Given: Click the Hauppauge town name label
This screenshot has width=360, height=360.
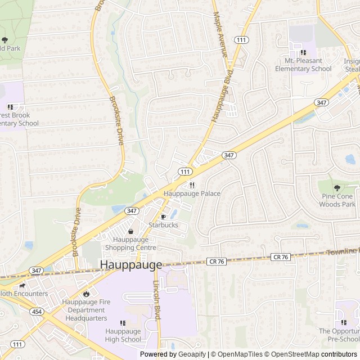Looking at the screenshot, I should (x=130, y=264).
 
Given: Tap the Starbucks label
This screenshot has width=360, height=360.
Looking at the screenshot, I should (x=163, y=225).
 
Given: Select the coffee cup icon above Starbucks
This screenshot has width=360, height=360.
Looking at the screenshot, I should (x=164, y=217).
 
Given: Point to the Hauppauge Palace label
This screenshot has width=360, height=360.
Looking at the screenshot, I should (x=192, y=193).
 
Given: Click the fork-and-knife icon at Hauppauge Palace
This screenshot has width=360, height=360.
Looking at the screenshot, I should (x=192, y=185).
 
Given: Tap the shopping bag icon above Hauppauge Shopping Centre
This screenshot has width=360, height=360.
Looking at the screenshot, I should (x=131, y=231).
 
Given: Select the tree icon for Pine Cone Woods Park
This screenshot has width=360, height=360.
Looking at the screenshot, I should (x=337, y=188).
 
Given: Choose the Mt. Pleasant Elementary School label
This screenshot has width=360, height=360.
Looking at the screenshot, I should (x=303, y=65).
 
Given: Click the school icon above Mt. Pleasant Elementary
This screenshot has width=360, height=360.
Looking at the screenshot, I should (x=303, y=52).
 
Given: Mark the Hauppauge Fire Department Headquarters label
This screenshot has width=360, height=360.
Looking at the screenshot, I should (x=85, y=310).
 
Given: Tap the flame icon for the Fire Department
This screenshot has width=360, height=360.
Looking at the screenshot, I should (x=86, y=294).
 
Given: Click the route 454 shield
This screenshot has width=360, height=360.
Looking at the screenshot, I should (x=37, y=312).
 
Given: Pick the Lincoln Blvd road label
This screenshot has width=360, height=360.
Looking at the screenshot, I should (x=157, y=300).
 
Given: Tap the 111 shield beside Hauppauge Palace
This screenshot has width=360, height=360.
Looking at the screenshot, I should (x=184, y=171).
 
